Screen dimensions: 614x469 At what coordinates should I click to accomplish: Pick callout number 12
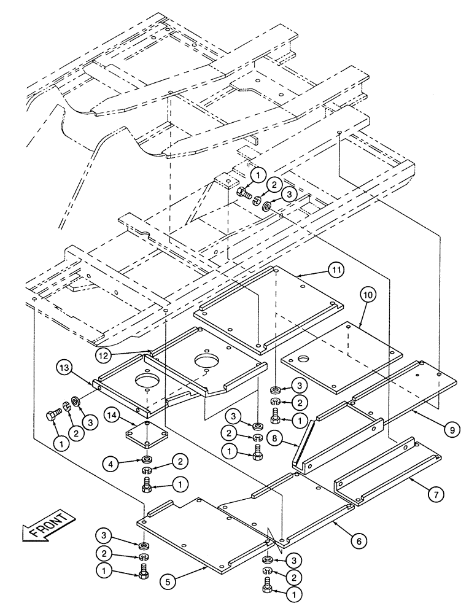tap(104, 354)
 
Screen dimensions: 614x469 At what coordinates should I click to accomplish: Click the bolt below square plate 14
tap(147, 483)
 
